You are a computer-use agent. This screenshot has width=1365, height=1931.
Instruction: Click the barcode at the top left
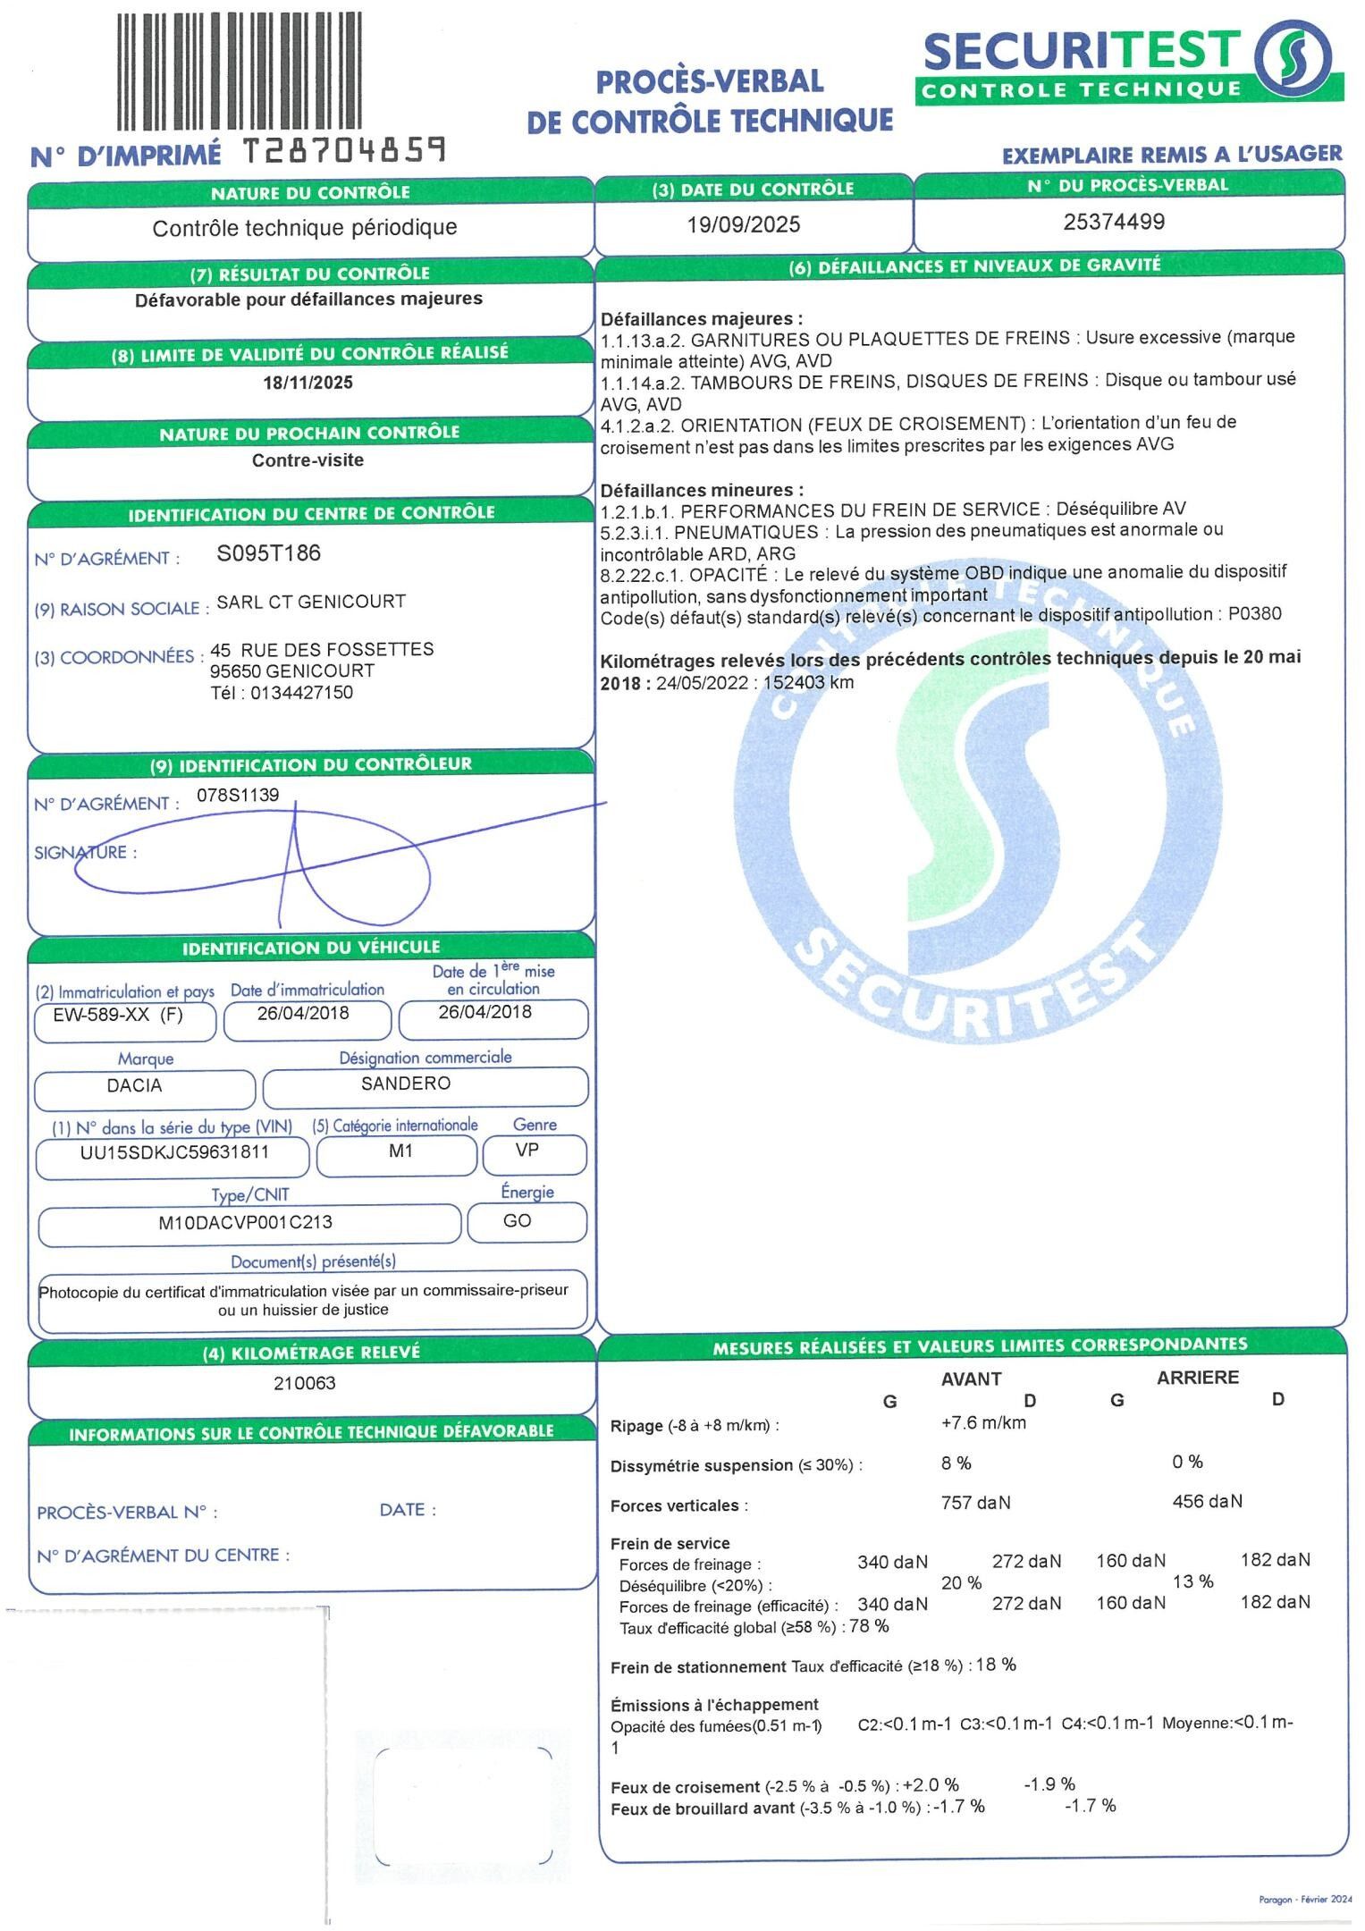pyautogui.click(x=239, y=72)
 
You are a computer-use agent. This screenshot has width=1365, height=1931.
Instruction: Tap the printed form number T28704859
pyautogui.click(x=344, y=152)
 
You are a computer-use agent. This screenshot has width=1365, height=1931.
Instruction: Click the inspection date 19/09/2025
pyautogui.click(x=743, y=223)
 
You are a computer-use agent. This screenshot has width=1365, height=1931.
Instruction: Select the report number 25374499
pyautogui.click(x=1114, y=222)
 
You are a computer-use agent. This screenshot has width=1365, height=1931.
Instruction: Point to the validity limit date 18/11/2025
pyautogui.click(x=308, y=383)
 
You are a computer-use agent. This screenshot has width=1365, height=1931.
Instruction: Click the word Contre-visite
pyautogui.click(x=308, y=460)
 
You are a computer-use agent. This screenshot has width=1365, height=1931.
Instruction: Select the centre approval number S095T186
pyautogui.click(x=268, y=553)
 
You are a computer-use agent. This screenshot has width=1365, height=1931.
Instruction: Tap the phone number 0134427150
pyautogui.click(x=301, y=693)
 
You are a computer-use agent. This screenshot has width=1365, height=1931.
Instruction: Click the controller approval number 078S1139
pyautogui.click(x=238, y=794)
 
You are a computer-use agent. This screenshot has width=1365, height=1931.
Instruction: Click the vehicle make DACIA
pyautogui.click(x=134, y=1086)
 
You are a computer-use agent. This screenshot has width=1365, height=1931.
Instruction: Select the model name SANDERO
pyautogui.click(x=406, y=1084)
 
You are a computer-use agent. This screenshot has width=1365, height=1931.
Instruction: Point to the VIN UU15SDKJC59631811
pyautogui.click(x=174, y=1151)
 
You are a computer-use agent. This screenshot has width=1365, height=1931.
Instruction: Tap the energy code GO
pyautogui.click(x=517, y=1221)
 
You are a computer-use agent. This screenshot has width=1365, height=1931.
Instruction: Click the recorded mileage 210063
pyautogui.click(x=305, y=1383)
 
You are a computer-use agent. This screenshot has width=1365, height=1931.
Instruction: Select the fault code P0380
pyautogui.click(x=1254, y=614)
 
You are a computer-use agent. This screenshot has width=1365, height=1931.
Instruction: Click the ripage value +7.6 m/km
pyautogui.click(x=983, y=1422)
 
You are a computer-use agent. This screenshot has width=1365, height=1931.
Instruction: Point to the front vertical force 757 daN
pyautogui.click(x=975, y=1503)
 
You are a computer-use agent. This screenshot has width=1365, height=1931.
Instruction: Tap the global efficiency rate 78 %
pyautogui.click(x=869, y=1626)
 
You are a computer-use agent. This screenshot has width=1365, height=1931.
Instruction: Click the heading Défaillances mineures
pyautogui.click(x=702, y=490)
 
